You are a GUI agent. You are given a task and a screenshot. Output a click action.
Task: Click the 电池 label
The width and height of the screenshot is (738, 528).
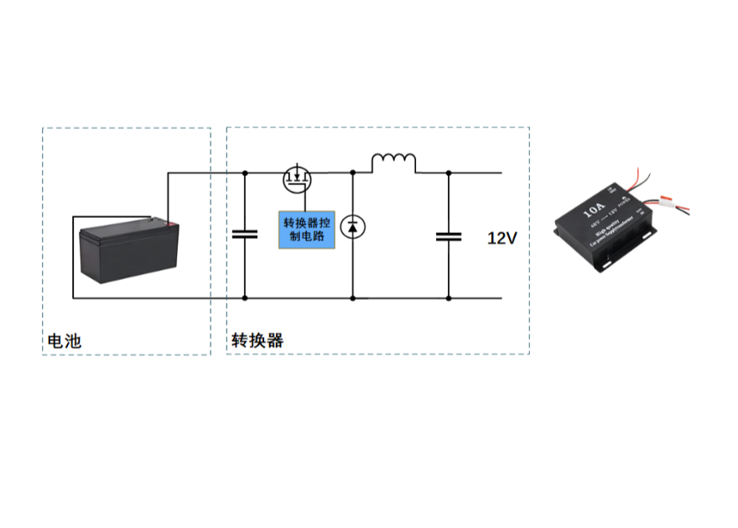point(65,341)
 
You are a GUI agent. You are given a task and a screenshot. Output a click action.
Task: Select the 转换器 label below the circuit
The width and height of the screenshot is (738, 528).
point(257,341)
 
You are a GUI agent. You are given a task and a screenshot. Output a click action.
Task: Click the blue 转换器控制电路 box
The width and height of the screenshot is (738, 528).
point(306,228)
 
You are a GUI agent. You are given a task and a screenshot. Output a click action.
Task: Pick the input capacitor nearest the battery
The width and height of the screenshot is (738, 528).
point(245,233)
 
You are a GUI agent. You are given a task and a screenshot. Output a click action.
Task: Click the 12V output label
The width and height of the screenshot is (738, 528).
point(502,238)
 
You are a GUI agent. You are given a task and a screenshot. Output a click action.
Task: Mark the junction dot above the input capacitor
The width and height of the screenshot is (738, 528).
point(245,172)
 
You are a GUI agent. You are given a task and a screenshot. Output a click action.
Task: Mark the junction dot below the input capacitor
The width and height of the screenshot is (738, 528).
point(245,298)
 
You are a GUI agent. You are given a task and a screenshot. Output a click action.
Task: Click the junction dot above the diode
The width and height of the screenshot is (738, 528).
point(353,172)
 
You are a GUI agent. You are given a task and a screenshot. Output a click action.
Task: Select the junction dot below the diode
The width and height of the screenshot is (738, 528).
point(353,298)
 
